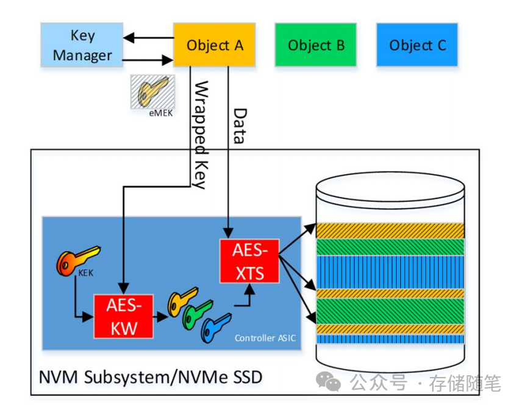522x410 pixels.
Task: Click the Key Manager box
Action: [82, 45]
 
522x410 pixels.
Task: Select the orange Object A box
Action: [214, 45]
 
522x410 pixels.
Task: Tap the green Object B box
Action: [316, 45]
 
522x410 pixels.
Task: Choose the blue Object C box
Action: [417, 45]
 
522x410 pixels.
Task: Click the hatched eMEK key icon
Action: [151, 91]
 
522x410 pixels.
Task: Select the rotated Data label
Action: [240, 126]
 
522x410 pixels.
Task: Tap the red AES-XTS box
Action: [248, 261]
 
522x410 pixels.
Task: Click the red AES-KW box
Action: [124, 315]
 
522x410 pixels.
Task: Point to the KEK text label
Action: [85, 274]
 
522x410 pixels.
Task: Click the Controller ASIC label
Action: [265, 337]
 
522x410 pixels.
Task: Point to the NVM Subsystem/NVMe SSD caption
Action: [151, 376]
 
